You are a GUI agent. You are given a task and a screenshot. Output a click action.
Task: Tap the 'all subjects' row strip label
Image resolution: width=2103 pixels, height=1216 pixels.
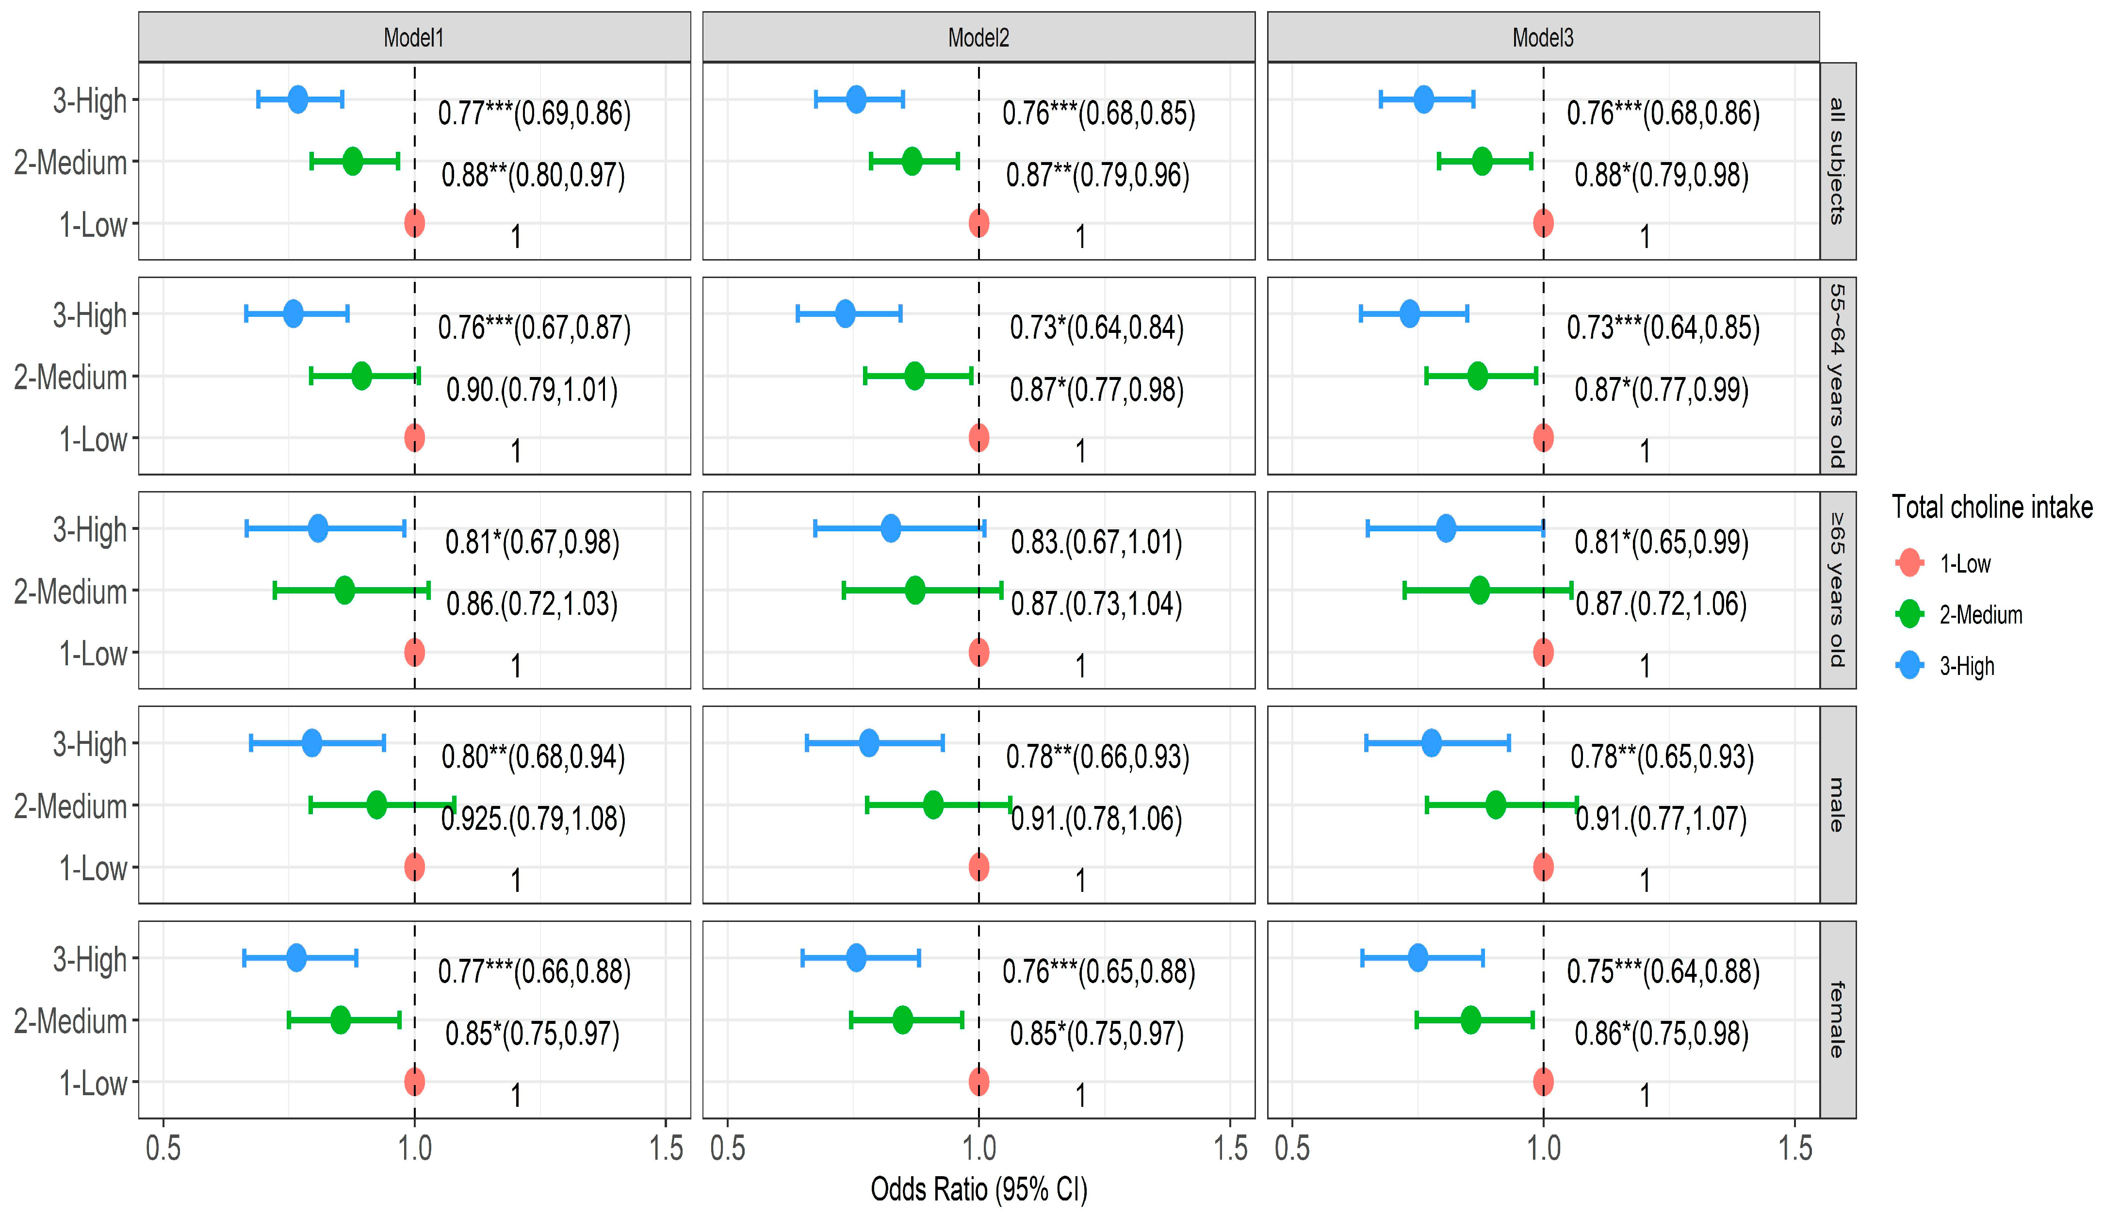coord(1837,160)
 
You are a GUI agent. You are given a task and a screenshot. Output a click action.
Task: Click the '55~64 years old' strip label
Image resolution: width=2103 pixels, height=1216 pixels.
coord(1837,376)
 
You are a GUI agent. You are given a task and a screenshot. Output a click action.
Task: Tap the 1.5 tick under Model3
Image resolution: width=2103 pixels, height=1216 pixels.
coord(1794,1149)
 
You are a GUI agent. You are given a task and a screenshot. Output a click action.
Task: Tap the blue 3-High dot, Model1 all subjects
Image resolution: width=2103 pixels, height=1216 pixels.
coord(298,99)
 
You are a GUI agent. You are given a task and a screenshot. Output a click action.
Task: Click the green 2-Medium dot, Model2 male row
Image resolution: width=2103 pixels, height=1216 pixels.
coord(933,805)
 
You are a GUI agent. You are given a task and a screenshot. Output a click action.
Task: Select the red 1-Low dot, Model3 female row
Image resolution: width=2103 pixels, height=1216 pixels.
coord(1543,1082)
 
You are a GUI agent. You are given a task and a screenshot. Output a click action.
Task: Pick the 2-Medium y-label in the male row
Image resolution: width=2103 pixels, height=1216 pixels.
coord(71,806)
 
